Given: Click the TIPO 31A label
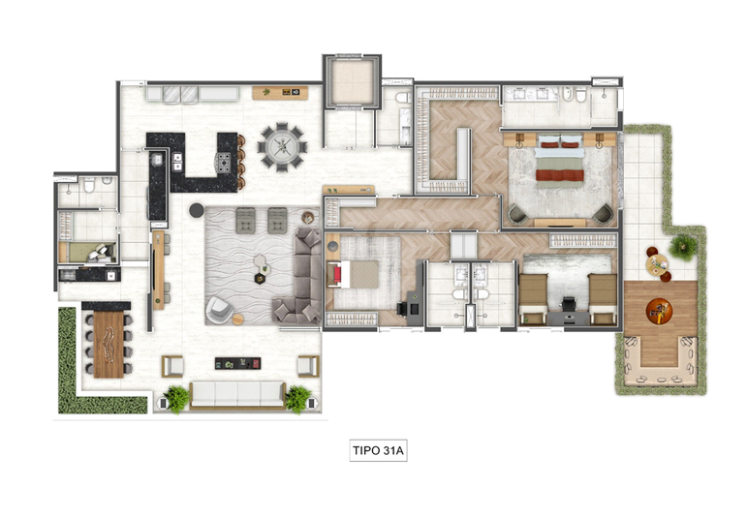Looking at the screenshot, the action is (x=378, y=450).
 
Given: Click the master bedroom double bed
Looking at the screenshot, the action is (x=560, y=158).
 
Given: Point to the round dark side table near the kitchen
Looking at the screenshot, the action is (x=197, y=210).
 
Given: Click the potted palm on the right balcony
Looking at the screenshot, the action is (x=683, y=247).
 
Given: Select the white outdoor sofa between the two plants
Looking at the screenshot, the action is (x=237, y=395).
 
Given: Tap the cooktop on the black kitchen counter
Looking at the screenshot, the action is (x=224, y=162).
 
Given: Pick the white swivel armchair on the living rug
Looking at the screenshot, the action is (x=219, y=309).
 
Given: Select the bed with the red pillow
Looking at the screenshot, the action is (x=353, y=274).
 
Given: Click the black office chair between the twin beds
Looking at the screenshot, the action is (x=568, y=304).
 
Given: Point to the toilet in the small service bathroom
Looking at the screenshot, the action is (x=89, y=185).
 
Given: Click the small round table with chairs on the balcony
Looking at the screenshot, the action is (x=658, y=264).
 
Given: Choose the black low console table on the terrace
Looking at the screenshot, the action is (x=237, y=364).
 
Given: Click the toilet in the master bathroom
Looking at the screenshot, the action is (x=580, y=95).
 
